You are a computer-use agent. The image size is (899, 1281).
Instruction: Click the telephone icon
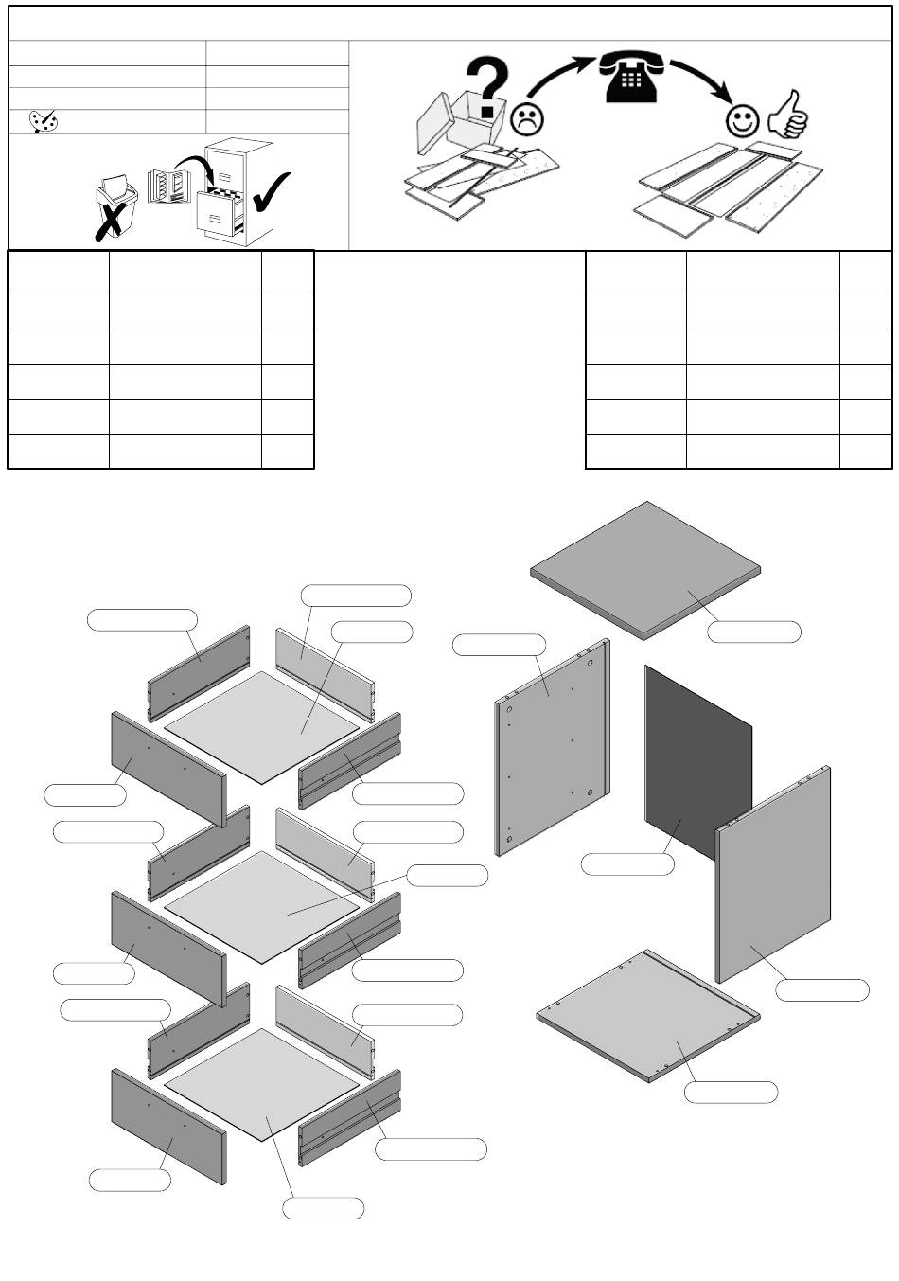(x=626, y=77)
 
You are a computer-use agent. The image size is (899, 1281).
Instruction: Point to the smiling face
(x=743, y=120)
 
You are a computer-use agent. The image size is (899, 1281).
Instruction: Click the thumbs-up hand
(x=787, y=116)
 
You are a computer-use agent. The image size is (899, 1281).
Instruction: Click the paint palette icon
(x=44, y=121)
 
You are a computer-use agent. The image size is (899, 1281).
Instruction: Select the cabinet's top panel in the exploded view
(x=645, y=569)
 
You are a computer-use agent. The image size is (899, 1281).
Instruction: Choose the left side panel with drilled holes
(x=551, y=748)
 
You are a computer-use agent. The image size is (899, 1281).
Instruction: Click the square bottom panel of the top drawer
(x=262, y=726)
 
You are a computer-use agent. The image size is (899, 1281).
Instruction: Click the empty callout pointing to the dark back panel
(x=627, y=863)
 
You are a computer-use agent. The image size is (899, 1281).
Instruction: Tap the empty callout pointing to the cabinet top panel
(x=754, y=632)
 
